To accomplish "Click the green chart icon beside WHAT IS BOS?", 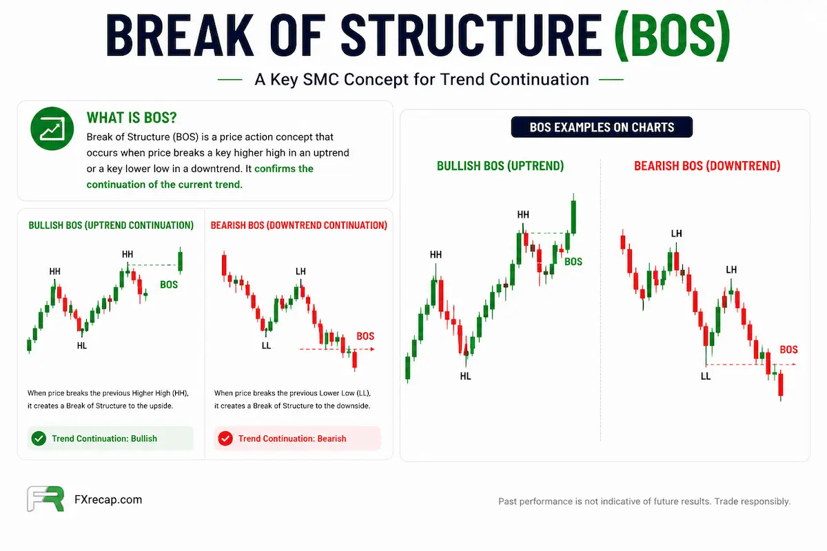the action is (52, 128).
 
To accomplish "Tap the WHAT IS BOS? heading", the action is (132, 118).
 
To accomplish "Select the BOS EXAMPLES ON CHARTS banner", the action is (602, 127).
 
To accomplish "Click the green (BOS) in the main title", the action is (672, 36).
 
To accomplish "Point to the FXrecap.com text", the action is (108, 500).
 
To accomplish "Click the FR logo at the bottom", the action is (45, 499).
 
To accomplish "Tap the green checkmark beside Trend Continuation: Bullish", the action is (39, 439).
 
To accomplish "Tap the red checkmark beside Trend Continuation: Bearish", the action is (225, 439).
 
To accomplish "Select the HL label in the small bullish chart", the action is (82, 346).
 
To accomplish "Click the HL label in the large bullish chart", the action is (466, 376).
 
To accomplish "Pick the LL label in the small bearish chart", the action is (266, 346).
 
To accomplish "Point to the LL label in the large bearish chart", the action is (706, 376).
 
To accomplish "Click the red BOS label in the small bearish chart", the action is (365, 336).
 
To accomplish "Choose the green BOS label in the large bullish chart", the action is (573, 262).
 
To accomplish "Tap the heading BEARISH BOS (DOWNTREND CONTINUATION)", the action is (299, 225).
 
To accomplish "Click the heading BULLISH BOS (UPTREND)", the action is (500, 166).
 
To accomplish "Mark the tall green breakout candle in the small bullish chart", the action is (180, 260).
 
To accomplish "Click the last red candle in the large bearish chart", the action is (780, 384).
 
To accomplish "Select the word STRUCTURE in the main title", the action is (471, 36).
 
